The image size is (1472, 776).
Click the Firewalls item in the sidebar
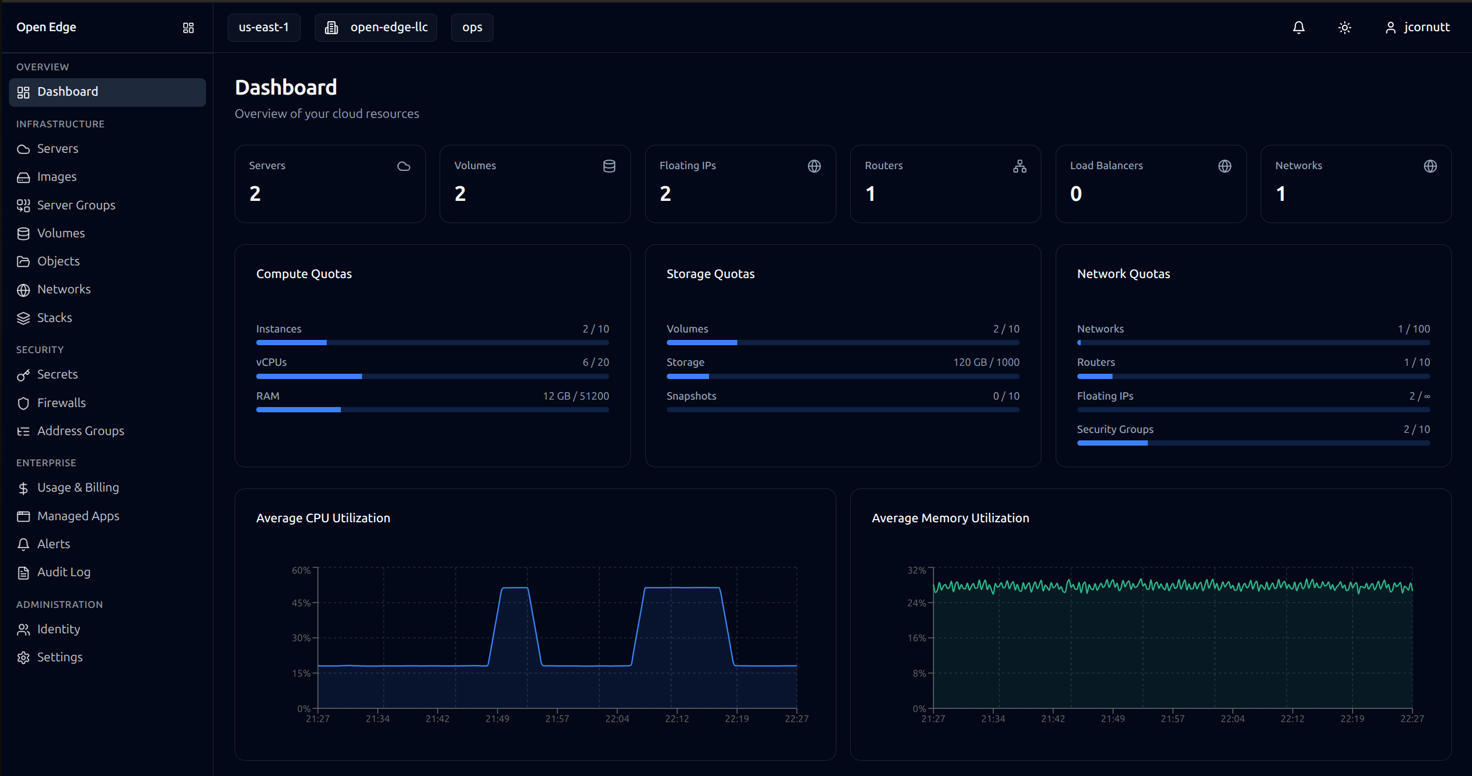tap(61, 403)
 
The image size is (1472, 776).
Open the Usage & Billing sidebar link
tap(78, 487)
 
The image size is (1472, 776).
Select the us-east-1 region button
tap(264, 27)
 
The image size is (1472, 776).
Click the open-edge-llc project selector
tap(376, 27)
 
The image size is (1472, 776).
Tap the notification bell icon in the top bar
tap(1298, 27)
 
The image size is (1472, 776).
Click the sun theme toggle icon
tap(1345, 27)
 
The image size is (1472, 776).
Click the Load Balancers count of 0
tap(1075, 194)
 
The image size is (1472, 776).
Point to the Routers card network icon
tap(1019, 166)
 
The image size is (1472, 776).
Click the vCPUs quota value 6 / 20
tap(595, 362)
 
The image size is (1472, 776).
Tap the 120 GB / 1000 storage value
tap(986, 362)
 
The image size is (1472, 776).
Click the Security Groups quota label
tap(1115, 429)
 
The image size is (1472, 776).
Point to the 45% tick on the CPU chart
tap(301, 603)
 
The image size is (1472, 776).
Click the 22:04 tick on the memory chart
tap(1232, 718)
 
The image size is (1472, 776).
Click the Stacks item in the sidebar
tap(54, 317)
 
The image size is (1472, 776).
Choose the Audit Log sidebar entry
tap(63, 572)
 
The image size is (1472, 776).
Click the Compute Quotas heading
tap(303, 274)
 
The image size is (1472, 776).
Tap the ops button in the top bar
tap(472, 27)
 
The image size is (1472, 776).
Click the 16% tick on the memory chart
tap(917, 638)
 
